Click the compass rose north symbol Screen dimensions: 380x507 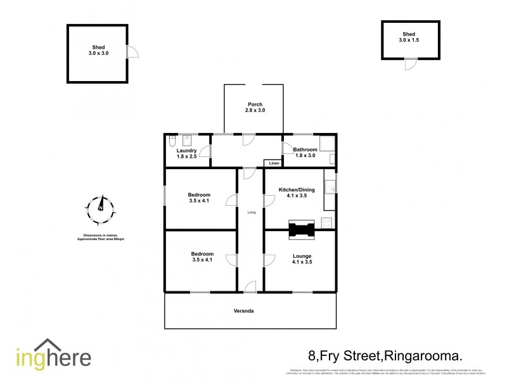click(x=100, y=208)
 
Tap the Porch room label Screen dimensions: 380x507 click(x=254, y=108)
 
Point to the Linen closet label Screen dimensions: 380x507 click(x=273, y=163)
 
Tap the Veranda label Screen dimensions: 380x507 click(x=252, y=312)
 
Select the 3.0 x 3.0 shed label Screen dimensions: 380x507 click(x=98, y=51)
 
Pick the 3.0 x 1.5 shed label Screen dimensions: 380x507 click(x=409, y=37)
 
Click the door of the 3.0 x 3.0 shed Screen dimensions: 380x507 click(x=132, y=53)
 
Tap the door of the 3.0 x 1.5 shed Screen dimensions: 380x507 click(x=410, y=64)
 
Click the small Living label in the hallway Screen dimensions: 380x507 click(x=252, y=212)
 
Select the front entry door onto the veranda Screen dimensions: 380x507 click(x=250, y=287)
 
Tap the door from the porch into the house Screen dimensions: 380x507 click(x=248, y=139)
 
